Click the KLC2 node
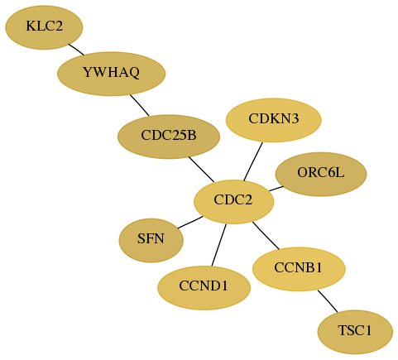coord(44,27)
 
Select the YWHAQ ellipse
coord(111,74)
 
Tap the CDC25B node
coord(169,137)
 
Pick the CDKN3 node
coord(273,120)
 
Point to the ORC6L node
coord(321,174)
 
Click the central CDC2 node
coord(234,202)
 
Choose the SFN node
coord(151,240)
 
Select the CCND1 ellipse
coord(204,288)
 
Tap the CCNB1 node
coord(299,269)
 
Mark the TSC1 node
coord(355,332)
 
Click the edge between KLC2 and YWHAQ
coord(76,50)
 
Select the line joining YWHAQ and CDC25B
coord(140,105)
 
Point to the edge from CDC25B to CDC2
coord(201,170)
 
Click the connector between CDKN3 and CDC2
coord(253,161)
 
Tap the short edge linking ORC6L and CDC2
coord(276,189)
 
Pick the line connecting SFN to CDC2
coord(190,223)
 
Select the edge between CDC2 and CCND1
coord(219,245)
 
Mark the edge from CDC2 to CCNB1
coord(266,235)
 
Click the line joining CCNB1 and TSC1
coord(328,301)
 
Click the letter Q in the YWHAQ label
coord(134,73)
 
